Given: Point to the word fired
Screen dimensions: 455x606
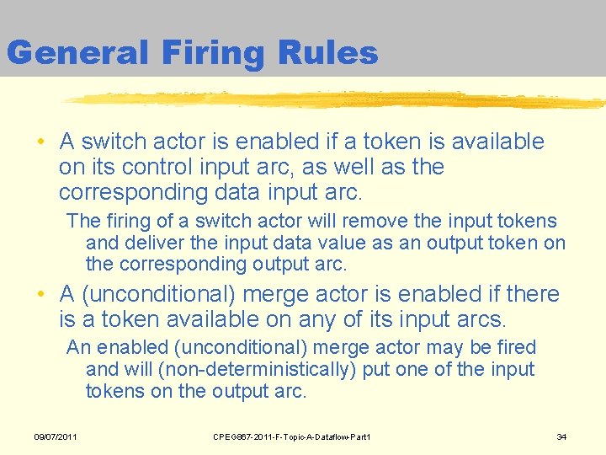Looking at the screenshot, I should [516, 347].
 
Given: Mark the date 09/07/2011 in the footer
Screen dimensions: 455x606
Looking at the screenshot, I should [56, 436].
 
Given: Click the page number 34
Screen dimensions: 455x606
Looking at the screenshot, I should [562, 436].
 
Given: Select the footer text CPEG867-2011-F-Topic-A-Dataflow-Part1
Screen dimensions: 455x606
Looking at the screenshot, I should [292, 436].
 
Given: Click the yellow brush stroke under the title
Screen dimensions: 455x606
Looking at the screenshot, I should [337, 100].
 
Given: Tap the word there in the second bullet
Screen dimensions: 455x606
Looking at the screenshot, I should [531, 294].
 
